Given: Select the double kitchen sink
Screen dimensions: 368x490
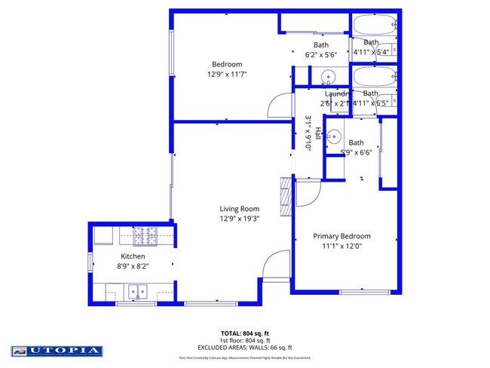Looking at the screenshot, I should [x=137, y=290].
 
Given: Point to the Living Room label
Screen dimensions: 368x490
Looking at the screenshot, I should [x=239, y=209].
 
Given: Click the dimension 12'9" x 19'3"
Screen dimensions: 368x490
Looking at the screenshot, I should [x=239, y=219].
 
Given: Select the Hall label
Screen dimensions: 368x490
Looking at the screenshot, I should [x=317, y=134].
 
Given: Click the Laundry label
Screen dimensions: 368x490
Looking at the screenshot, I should [x=335, y=94].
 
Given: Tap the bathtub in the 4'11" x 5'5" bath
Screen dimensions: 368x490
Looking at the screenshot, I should [x=372, y=77].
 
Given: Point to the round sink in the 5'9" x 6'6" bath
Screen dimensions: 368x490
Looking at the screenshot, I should [x=336, y=137].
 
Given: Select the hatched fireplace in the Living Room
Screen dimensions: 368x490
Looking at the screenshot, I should [x=284, y=198].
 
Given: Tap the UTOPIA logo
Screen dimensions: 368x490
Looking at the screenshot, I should [x=57, y=351].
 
